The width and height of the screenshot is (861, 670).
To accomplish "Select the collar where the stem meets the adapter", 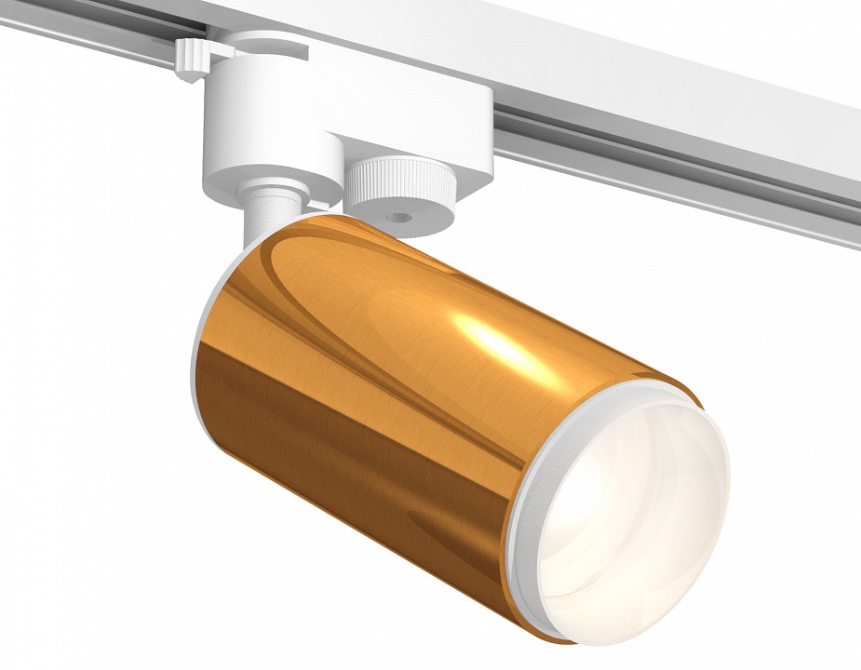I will pos(270,190).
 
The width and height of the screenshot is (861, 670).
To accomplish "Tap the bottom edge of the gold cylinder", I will pos(372,521).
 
